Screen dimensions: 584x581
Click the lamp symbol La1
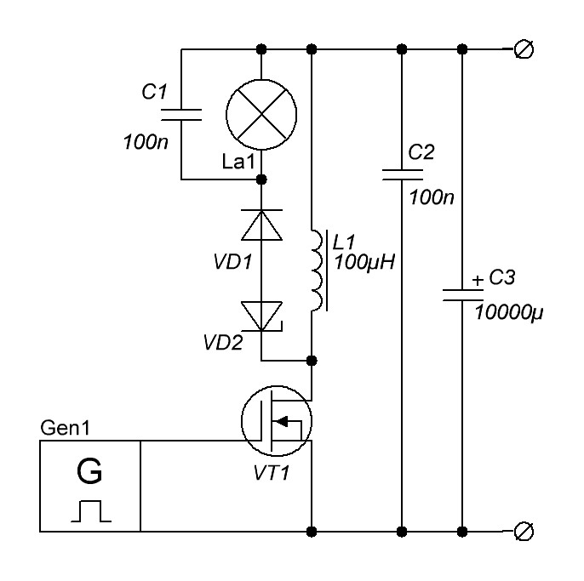(x=261, y=115)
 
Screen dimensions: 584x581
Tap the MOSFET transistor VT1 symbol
(x=277, y=421)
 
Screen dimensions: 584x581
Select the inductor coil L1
(x=318, y=271)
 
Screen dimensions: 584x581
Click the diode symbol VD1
(x=261, y=225)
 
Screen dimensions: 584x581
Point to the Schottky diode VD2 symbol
(x=261, y=316)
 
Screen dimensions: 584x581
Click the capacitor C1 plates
(x=181, y=115)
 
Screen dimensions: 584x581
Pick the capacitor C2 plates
(x=402, y=175)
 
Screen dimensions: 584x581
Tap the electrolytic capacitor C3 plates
(x=462, y=295)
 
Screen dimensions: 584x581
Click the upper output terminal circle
(x=524, y=49)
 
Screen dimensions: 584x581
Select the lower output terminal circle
(x=524, y=532)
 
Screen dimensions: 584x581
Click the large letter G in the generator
(x=89, y=470)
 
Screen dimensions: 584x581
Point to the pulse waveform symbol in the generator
(x=91, y=511)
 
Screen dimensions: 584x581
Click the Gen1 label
(x=66, y=428)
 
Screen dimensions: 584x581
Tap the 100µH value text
(x=364, y=262)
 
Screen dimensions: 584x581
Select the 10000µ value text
(x=509, y=312)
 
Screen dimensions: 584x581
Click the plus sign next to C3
(x=478, y=280)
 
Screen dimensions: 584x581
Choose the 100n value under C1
(x=146, y=142)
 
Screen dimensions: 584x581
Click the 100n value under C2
(x=432, y=197)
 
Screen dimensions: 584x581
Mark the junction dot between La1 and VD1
(x=261, y=179)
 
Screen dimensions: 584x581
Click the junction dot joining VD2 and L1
(x=312, y=361)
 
